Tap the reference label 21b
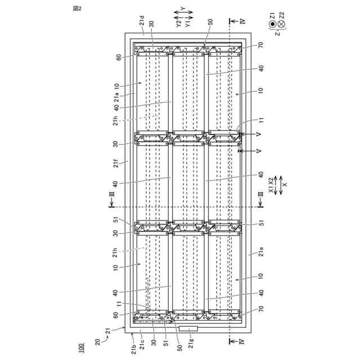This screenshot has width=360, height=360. [x=132, y=345]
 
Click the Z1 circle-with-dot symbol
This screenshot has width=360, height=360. [x=272, y=24]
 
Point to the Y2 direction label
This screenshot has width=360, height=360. [x=178, y=24]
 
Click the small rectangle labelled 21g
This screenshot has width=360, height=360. [x=185, y=327]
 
